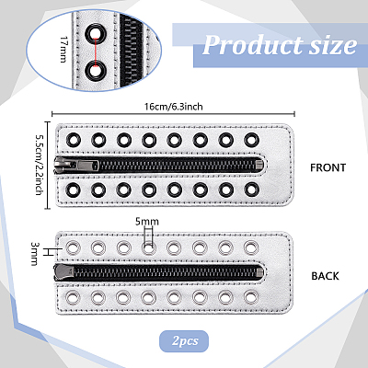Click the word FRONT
tap(328, 167)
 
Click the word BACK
tap(325, 276)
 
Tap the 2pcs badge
tap(184, 341)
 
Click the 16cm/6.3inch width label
tap(174, 107)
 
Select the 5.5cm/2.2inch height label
tap(39, 165)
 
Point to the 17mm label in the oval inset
tap(63, 50)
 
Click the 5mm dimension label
tap(147, 222)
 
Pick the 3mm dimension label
tap(34, 254)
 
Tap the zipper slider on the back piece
tap(64, 271)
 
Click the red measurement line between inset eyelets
tap(96, 52)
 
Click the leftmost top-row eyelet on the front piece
tap(73, 140)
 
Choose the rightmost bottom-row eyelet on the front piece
tap(251, 190)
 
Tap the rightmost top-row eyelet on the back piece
tap(251, 247)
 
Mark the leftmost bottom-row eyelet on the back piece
tap(73, 297)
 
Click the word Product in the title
tap(252, 45)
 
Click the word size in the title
tap(333, 45)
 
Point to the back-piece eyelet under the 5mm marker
tap(148, 247)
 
